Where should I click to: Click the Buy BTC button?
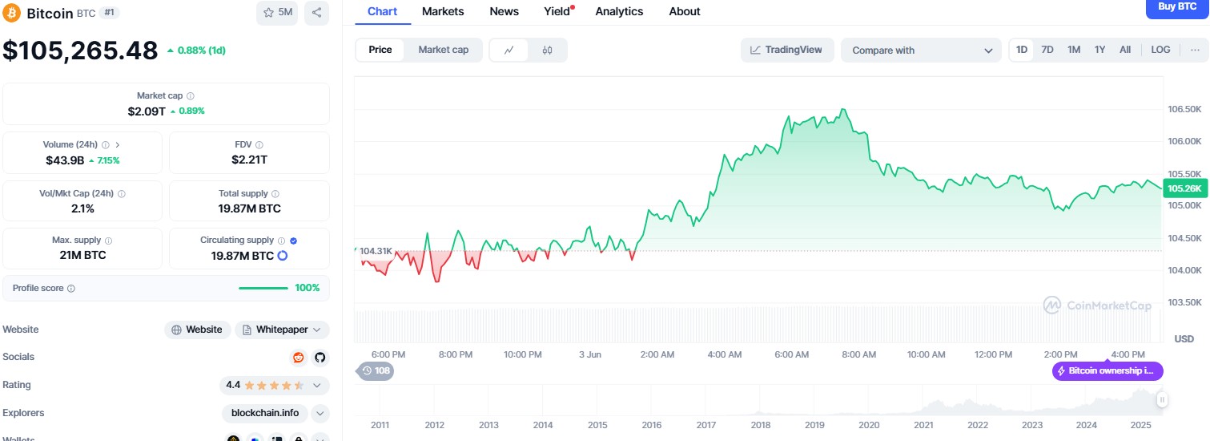(1177, 6)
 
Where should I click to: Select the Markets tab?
(442, 11)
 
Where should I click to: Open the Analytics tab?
(619, 11)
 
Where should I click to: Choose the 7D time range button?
(1047, 50)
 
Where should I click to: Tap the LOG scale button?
(1160, 50)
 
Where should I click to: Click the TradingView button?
(786, 50)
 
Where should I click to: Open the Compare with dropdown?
(921, 51)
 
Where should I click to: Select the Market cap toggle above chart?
(443, 50)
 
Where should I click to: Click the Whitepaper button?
(282, 330)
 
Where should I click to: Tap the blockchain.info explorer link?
(264, 413)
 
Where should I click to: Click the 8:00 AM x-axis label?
(858, 354)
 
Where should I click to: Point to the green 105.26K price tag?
(1184, 189)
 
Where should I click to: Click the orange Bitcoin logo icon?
(12, 13)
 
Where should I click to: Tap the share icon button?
(316, 13)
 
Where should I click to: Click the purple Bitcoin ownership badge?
(1107, 371)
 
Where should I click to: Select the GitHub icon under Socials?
(320, 358)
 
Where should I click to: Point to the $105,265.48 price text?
(80, 51)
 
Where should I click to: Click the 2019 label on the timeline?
(814, 425)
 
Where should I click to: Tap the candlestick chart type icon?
(547, 51)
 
